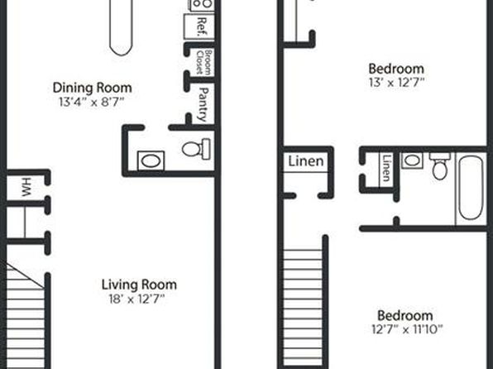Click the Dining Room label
coord(92,88)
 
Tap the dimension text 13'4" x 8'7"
coord(92,103)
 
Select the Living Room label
coord(139,285)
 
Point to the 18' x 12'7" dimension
coord(136,299)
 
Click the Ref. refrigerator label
coord(201,27)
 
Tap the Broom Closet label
coord(203,62)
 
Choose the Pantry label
coord(203,104)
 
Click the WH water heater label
coord(26,187)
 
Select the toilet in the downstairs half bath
coord(196,149)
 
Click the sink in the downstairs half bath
coord(151,161)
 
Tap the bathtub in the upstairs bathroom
coord(471,189)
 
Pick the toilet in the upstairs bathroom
coord(439,166)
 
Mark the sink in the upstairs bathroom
coord(412,161)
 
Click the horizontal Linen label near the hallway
coord(306,161)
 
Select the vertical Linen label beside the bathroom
coord(387,168)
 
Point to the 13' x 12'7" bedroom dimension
coord(396,83)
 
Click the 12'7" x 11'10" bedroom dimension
coord(407,329)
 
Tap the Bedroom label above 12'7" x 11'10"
coord(405,315)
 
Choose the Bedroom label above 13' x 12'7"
coord(396,69)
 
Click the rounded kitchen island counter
coord(121,27)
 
